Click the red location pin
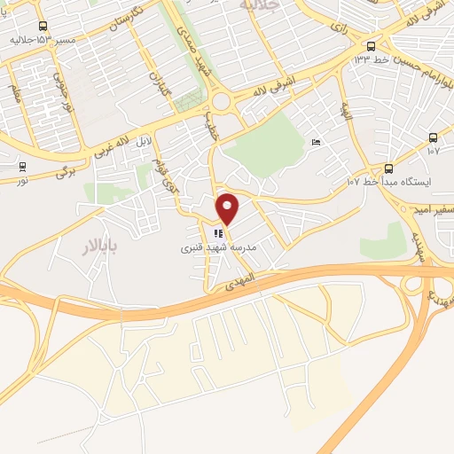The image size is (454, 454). pyautogui.click(x=229, y=208)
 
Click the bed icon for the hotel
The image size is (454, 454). pyautogui.click(x=317, y=143)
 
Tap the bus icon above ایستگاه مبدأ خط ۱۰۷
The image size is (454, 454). pyautogui.click(x=388, y=168)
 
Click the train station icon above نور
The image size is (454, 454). pyautogui.click(x=21, y=166)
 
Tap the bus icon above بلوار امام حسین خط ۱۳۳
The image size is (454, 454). pyautogui.click(x=371, y=46)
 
